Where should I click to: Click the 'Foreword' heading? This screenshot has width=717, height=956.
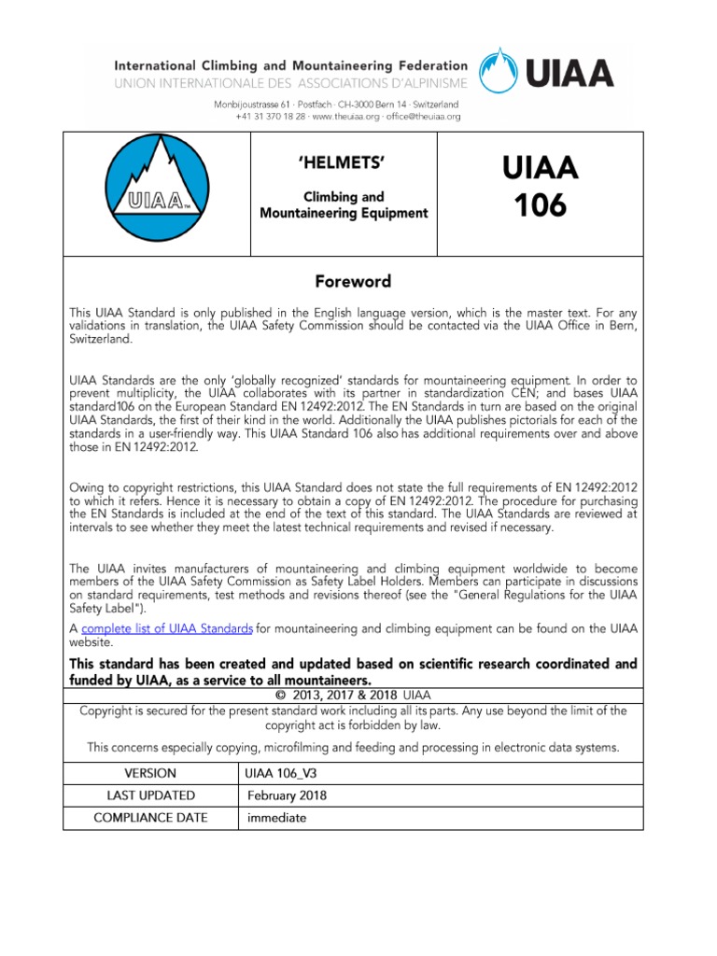coord(352,281)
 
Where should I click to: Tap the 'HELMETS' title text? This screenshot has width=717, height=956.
coord(342,164)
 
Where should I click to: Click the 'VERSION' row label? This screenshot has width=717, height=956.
coord(149,773)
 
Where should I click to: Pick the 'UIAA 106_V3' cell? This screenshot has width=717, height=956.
coord(283,773)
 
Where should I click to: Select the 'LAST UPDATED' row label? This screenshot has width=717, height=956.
coord(149,795)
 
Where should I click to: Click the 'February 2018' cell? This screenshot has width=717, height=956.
coord(288,795)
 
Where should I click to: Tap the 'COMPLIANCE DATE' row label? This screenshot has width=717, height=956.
coord(149,818)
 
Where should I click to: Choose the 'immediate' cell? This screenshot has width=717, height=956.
coord(276,818)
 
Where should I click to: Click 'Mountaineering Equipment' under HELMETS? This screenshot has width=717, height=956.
coord(343,213)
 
